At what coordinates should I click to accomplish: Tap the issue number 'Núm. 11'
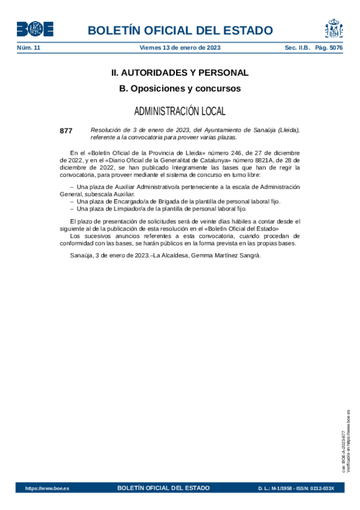[x=28, y=48]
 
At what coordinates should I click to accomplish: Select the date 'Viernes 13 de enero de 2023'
[x=180, y=48]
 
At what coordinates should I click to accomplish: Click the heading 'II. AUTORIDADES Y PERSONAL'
[x=180, y=73]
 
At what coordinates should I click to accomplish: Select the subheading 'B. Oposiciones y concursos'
[x=180, y=88]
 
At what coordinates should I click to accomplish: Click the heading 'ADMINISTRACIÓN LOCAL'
[x=180, y=111]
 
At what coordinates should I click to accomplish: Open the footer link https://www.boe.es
[x=47, y=488]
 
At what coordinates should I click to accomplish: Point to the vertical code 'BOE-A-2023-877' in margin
[x=343, y=449]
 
